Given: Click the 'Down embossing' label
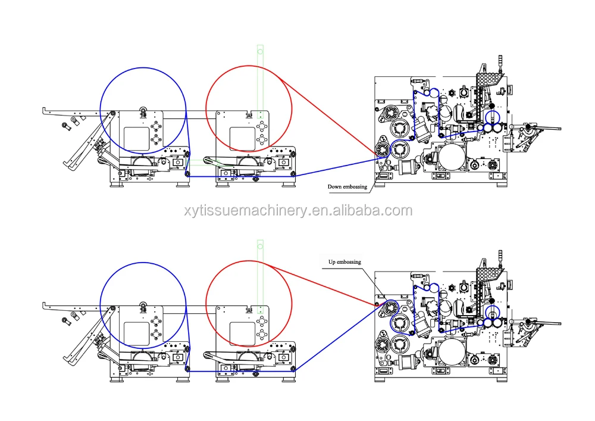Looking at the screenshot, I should click(x=347, y=186).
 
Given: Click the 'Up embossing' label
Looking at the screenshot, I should click(x=345, y=262).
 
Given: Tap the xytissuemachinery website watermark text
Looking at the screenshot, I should click(x=297, y=211).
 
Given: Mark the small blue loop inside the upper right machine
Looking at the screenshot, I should click(x=492, y=117).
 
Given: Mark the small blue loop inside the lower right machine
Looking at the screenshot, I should click(x=492, y=311).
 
